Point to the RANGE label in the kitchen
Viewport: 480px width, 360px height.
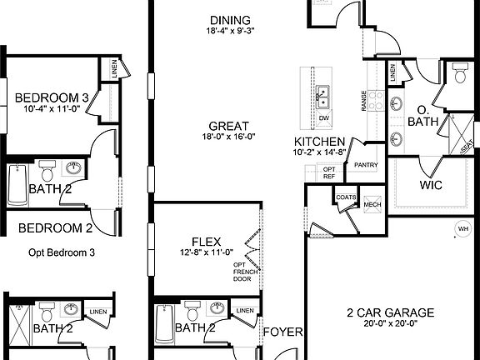tap(364, 101)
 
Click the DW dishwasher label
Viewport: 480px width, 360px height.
tap(324, 117)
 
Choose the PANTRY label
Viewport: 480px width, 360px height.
tap(367, 165)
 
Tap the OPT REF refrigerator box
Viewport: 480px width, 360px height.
tap(329, 172)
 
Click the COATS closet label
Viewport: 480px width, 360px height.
tap(347, 197)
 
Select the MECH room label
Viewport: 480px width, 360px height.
tap(372, 203)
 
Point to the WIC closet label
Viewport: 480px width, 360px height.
tap(431, 182)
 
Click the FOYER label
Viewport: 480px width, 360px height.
tap(282, 332)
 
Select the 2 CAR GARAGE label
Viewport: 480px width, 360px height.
tap(390, 313)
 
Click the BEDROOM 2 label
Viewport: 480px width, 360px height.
tap(55, 227)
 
